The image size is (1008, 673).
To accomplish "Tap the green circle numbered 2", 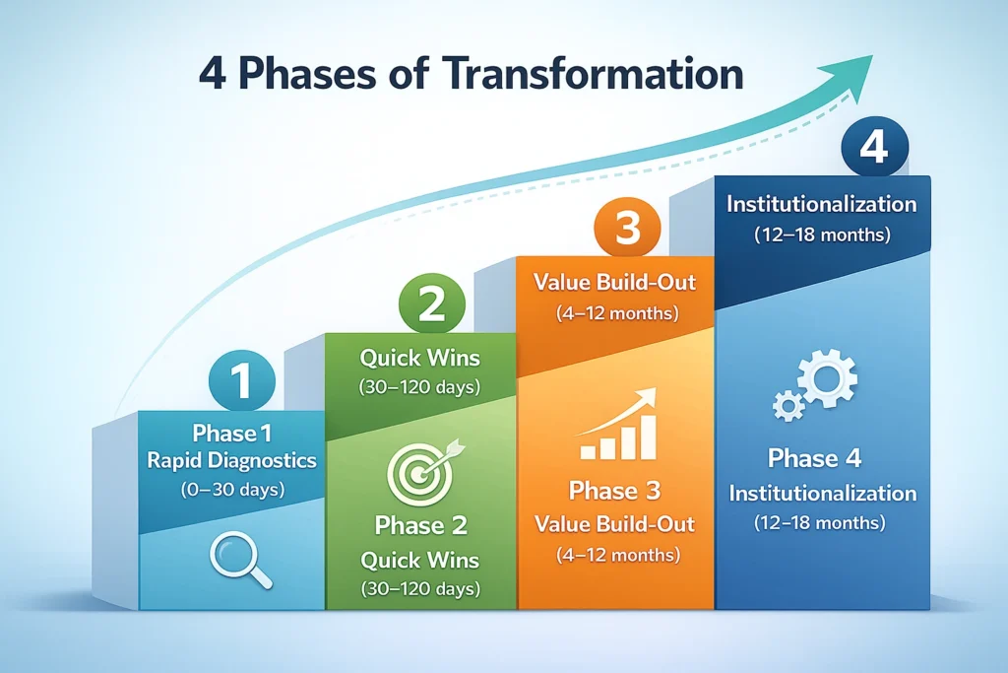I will pyautogui.click(x=432, y=304).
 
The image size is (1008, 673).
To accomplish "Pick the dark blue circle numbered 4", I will pyautogui.click(x=873, y=150).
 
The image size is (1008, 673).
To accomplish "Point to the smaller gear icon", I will pyautogui.click(x=787, y=405).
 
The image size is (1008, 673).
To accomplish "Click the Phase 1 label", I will pyautogui.click(x=230, y=434).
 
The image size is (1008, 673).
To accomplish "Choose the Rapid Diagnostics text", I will pyautogui.click(x=230, y=459).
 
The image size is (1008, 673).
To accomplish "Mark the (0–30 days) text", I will pyautogui.click(x=230, y=487).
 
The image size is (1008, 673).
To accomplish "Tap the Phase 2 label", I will pyautogui.click(x=419, y=525).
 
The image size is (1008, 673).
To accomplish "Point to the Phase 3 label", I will pyautogui.click(x=615, y=490).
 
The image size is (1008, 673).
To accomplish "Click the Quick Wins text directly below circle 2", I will pyautogui.click(x=419, y=357).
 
